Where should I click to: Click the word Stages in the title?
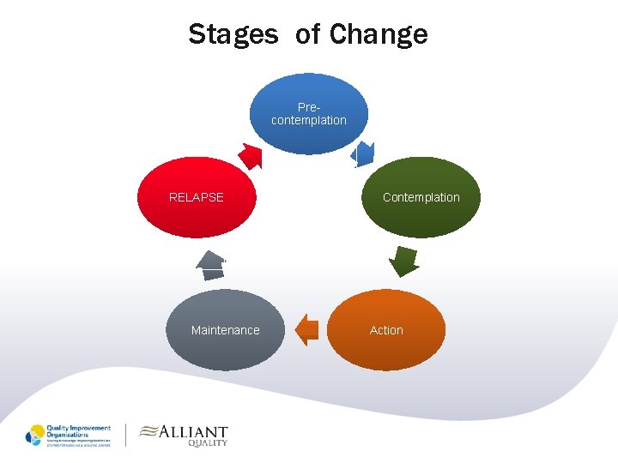pyautogui.click(x=233, y=34)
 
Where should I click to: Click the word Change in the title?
pyautogui.click(x=379, y=34)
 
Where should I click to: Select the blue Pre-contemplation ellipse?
pyautogui.click(x=309, y=113)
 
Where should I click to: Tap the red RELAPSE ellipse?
pyautogui.click(x=197, y=197)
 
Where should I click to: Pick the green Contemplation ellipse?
pyautogui.click(x=421, y=197)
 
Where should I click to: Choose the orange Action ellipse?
pyautogui.click(x=386, y=330)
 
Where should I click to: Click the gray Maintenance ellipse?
pyautogui.click(x=225, y=330)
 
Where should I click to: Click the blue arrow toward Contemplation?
pyautogui.click(x=364, y=154)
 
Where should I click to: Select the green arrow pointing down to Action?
pyautogui.click(x=402, y=260)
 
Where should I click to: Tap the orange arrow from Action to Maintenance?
pyautogui.click(x=306, y=329)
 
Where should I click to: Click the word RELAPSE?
pyautogui.click(x=197, y=197)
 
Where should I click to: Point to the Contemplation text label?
pyautogui.click(x=421, y=197)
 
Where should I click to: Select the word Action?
pyautogui.click(x=386, y=330)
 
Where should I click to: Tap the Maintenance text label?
pyautogui.click(x=225, y=330)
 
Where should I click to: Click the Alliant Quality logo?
pyautogui.click(x=184, y=435)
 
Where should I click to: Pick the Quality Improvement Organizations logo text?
pyautogui.click(x=78, y=434)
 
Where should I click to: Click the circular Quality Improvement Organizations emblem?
pyautogui.click(x=35, y=435)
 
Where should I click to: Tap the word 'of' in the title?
pyautogui.click(x=307, y=34)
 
